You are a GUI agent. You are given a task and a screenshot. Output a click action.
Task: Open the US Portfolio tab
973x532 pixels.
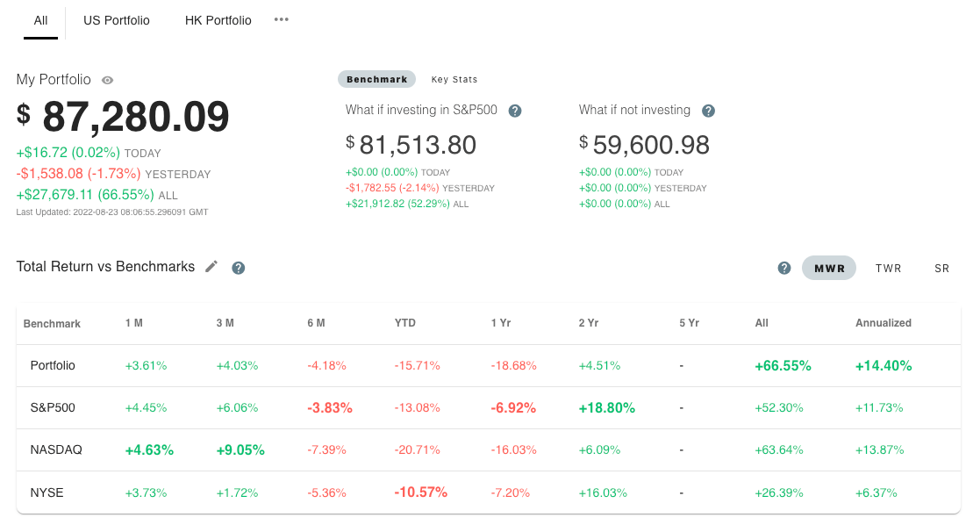click(x=117, y=20)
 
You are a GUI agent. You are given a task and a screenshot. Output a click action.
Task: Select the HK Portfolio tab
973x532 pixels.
click(x=218, y=20)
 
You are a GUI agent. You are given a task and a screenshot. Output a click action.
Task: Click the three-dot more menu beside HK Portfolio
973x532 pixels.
click(x=281, y=19)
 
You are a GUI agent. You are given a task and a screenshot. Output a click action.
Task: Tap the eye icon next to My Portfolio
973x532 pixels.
click(x=107, y=80)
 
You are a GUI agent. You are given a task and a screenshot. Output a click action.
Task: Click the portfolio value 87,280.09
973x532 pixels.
click(x=135, y=117)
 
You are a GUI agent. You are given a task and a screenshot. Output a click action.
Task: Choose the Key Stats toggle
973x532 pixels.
click(x=454, y=79)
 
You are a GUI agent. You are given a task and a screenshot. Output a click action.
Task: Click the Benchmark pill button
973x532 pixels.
click(x=376, y=79)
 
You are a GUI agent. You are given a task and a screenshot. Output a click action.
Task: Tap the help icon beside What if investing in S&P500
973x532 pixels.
click(x=515, y=111)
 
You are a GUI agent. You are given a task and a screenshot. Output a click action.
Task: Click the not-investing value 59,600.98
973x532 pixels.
click(x=651, y=145)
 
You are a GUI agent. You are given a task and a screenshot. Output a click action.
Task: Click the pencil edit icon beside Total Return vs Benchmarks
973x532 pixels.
click(x=211, y=267)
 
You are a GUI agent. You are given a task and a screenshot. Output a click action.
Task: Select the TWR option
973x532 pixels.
click(x=888, y=269)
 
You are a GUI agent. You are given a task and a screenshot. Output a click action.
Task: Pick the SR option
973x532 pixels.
click(x=941, y=269)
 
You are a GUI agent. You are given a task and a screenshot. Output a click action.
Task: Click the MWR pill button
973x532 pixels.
click(x=829, y=269)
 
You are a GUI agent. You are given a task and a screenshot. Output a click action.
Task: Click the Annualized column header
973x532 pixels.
click(x=883, y=323)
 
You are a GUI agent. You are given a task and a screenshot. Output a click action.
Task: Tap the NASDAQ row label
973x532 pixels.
click(x=56, y=449)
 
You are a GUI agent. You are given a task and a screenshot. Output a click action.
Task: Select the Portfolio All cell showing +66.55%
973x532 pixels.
click(x=783, y=365)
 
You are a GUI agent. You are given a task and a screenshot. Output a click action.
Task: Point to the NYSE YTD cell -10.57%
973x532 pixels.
click(x=421, y=492)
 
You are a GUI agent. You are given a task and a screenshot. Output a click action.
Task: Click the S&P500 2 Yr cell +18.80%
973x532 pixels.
click(x=607, y=407)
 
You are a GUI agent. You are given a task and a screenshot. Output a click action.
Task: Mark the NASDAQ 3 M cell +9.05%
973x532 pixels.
click(x=240, y=449)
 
